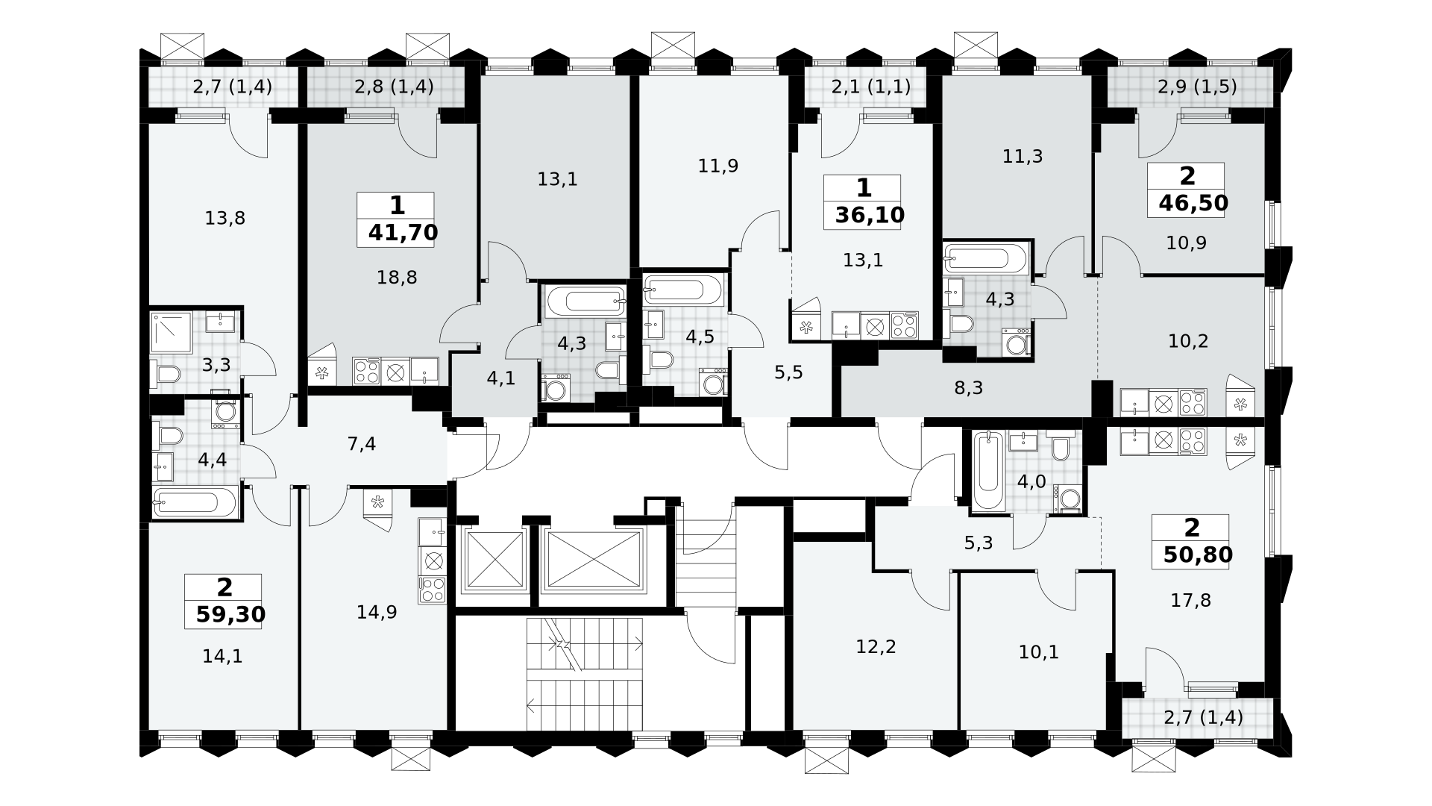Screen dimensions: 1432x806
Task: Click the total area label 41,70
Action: click(x=403, y=233)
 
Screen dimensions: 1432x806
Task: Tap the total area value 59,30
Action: click(x=230, y=614)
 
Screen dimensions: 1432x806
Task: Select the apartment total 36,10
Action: click(x=870, y=215)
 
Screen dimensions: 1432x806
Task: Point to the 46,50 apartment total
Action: click(x=1193, y=202)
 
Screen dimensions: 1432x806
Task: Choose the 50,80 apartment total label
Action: click(x=1198, y=554)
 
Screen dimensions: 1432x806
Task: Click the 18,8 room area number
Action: click(x=397, y=278)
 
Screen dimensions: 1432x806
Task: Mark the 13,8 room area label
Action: click(x=225, y=218)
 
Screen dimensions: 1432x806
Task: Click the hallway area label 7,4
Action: click(x=362, y=445)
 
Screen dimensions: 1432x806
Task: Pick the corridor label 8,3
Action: click(x=968, y=388)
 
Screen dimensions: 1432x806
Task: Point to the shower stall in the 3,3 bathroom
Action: click(x=172, y=332)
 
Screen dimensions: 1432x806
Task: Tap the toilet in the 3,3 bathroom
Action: click(x=166, y=373)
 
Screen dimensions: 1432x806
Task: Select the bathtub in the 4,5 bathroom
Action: click(x=683, y=290)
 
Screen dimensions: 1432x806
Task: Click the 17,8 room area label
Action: click(x=1191, y=600)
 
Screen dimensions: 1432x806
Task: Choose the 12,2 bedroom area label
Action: click(x=876, y=646)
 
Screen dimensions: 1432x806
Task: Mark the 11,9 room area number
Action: click(x=718, y=166)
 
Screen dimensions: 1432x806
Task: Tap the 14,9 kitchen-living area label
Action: click(x=377, y=612)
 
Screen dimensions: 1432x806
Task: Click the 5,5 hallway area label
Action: click(x=788, y=372)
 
